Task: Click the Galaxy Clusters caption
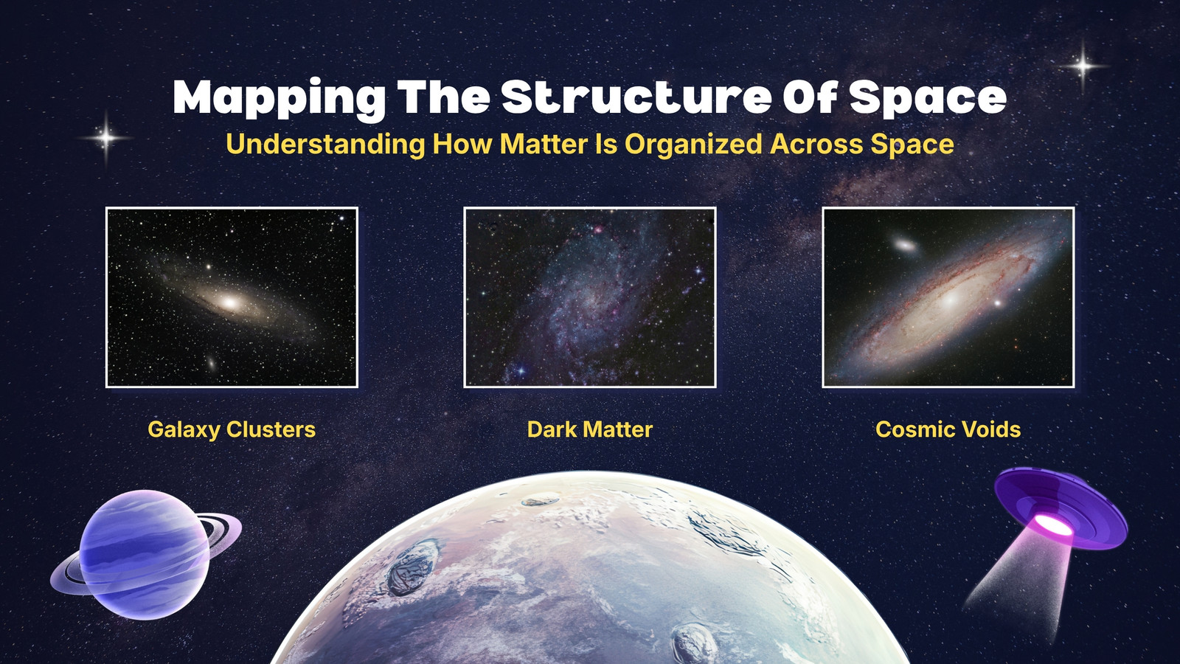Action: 232,429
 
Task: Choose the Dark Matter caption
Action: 590,429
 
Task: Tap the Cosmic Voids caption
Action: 948,429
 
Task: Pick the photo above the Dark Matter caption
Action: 590,297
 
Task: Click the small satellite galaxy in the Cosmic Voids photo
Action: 905,244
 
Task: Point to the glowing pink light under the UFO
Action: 1054,525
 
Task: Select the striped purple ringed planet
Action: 145,554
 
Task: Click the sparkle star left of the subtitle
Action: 105,138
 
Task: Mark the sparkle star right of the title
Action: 1083,66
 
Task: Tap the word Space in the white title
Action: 928,99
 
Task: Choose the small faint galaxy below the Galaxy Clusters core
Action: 211,363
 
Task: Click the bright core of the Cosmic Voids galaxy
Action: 951,300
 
